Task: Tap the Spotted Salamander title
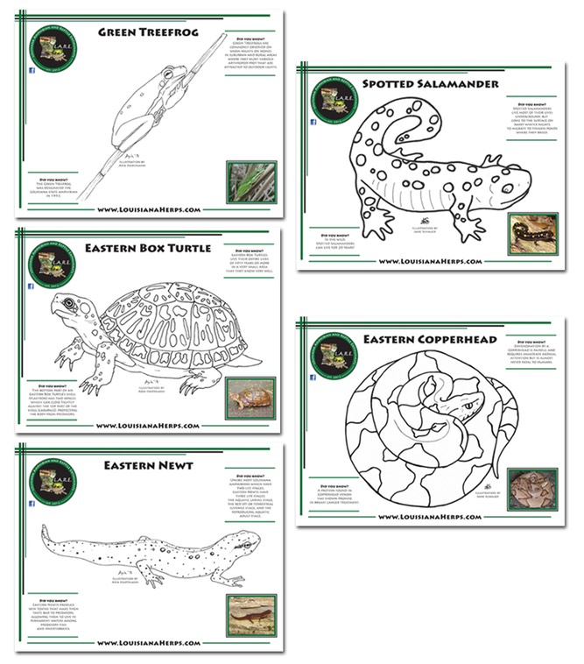coord(429,84)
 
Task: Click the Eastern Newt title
coord(145,465)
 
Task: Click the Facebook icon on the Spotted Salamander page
coord(313,122)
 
